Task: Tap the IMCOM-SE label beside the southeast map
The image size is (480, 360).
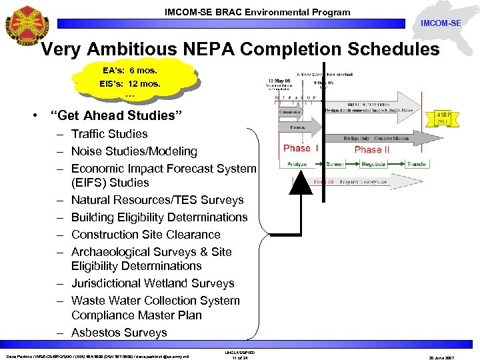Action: [441, 23]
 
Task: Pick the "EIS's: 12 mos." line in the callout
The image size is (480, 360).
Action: [130, 85]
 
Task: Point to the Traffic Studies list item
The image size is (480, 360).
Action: [109, 134]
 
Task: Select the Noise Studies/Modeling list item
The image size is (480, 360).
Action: [134, 151]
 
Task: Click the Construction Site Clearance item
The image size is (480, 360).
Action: [145, 234]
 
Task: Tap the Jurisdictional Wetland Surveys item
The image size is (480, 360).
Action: [153, 283]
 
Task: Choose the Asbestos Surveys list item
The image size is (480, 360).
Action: [119, 332]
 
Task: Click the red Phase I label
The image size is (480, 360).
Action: [301, 148]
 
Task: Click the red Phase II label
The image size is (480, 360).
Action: [372, 149]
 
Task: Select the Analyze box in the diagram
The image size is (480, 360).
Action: [297, 163]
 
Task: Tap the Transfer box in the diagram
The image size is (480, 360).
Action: [417, 163]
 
